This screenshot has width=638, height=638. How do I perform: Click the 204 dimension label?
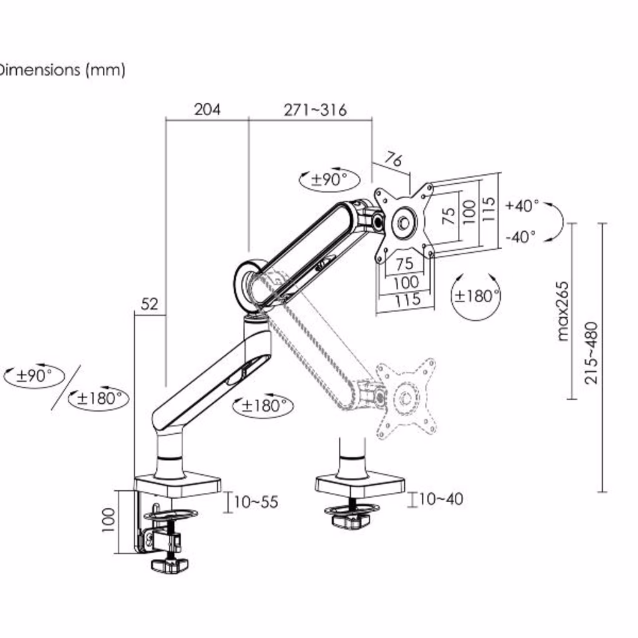pos(207,110)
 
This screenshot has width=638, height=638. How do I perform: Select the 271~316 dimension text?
pos(315,110)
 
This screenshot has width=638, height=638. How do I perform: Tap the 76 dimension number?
pos(394,159)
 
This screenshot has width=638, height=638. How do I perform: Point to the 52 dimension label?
pos(150,304)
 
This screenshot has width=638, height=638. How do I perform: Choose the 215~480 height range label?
pos(591,353)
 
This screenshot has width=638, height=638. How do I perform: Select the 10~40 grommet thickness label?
pos(441,499)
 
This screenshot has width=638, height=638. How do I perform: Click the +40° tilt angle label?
pos(522,206)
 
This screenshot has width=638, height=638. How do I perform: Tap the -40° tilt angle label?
pos(521,236)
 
